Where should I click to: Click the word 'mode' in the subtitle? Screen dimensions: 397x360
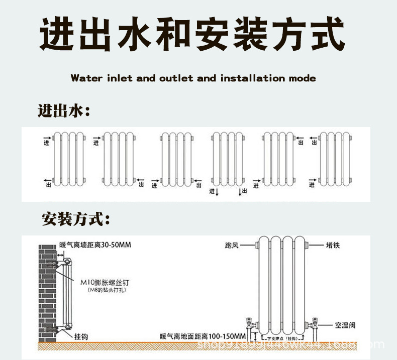point(303,78)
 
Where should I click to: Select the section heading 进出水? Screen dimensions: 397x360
point(64,110)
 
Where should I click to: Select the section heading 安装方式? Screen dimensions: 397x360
point(76,219)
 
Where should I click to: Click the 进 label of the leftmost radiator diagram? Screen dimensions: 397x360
point(46,143)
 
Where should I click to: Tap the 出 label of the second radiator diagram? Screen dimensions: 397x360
point(141,185)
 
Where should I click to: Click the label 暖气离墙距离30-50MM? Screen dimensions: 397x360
point(95,245)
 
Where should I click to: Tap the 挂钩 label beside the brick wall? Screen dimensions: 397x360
point(81,336)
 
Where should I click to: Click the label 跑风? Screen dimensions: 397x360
point(232,246)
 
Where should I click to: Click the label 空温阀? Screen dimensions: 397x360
point(346,325)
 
